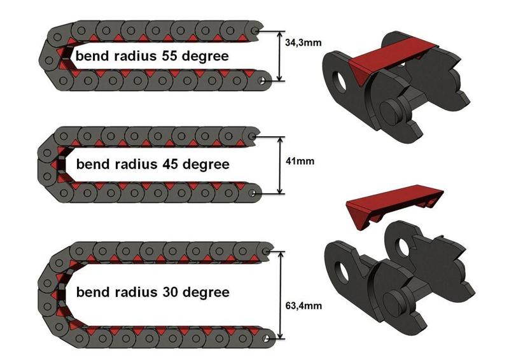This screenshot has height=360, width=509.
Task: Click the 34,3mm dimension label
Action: pyautogui.click(x=302, y=43)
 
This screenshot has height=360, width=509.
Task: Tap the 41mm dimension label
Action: pyautogui.click(x=298, y=162)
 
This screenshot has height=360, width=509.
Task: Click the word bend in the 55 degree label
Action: pyautogui.click(x=92, y=56)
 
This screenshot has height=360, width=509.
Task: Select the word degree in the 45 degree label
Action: pyautogui.click(x=205, y=165)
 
